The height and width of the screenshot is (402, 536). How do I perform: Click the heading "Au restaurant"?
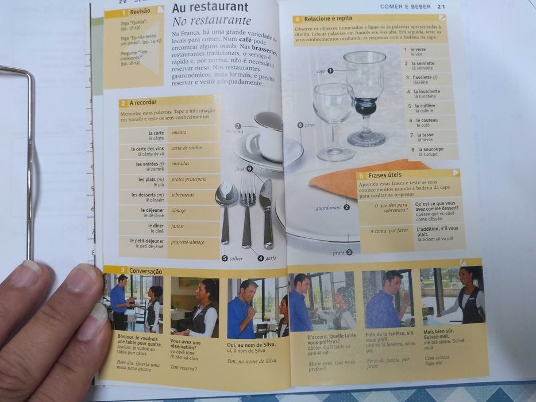coord(210,7)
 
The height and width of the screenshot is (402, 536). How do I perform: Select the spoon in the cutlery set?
coord(226,207)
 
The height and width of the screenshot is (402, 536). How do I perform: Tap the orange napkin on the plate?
coord(345,179)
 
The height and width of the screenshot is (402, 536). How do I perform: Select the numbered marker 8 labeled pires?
coord(300,125)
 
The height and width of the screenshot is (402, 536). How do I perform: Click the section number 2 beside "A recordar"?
coord(123,103)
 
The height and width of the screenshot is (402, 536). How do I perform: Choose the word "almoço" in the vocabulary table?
coord(179,211)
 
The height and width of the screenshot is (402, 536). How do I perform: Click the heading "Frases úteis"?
coord(385,175)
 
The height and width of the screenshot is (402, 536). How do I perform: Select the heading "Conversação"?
coord(145,270)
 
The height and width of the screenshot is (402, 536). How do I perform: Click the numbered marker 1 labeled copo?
coord(330,71)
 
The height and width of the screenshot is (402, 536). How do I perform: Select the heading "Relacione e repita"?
coord(328,18)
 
